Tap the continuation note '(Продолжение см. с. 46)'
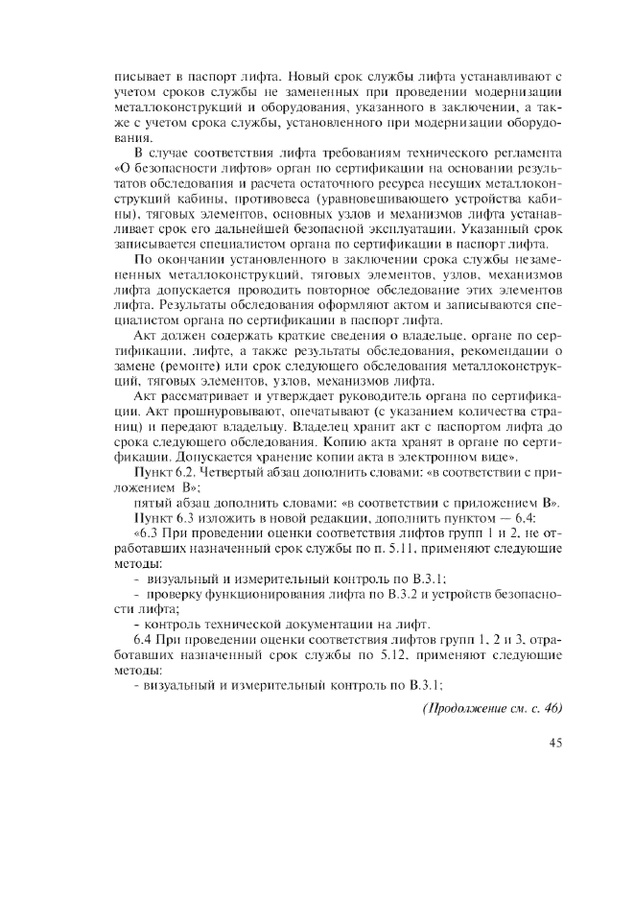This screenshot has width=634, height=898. [492, 708]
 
